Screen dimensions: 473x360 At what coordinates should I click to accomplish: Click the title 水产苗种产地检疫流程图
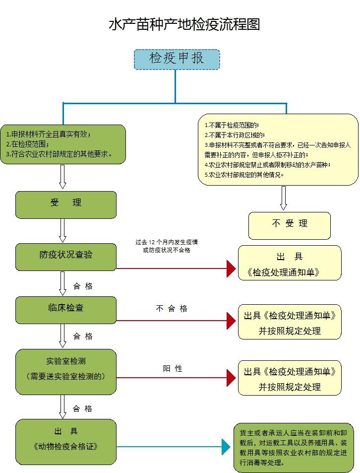pos(184,25)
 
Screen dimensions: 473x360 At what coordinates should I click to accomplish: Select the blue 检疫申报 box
pos(177,59)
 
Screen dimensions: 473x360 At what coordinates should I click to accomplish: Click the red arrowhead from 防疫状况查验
pos(231,269)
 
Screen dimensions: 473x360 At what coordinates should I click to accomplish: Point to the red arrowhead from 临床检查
pos(231,321)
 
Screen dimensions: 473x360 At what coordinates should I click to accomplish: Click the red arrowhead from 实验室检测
pos(231,378)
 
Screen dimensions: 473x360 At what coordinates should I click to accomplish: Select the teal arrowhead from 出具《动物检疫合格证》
pos(226,447)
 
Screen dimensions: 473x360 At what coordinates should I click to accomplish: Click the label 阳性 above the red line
pos(173,369)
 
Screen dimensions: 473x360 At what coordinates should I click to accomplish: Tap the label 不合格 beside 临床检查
pos(172,309)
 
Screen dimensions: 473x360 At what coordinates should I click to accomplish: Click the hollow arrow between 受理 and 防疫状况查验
pos(62,230)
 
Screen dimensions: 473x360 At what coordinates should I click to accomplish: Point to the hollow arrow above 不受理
pos(284,198)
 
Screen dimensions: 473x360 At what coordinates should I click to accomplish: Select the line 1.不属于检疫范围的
pos(232,126)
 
